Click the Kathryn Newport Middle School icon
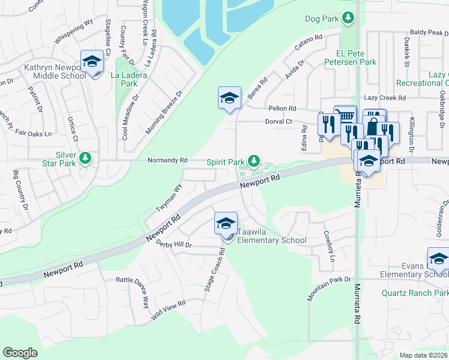tap(92, 62)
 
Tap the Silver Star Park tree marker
tap(86, 158)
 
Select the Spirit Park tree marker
tap(255, 161)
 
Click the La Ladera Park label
tap(124, 79)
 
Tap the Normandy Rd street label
tap(168, 161)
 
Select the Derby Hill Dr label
tap(173, 245)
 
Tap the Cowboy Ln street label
tap(328, 246)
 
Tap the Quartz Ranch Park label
tap(415, 293)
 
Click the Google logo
tap(20, 353)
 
